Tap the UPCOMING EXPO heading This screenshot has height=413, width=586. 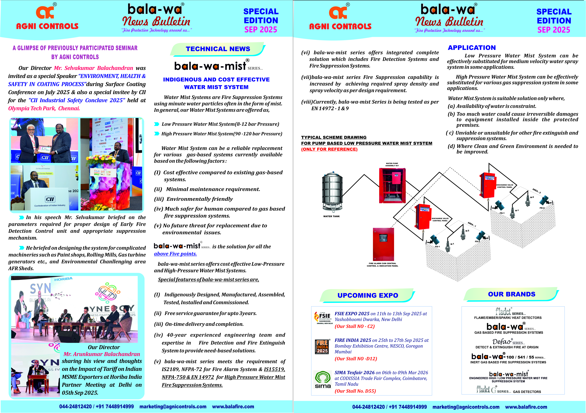pos(368,295)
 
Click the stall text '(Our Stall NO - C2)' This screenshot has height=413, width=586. pos(354,326)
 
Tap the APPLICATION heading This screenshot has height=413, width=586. pos(472,48)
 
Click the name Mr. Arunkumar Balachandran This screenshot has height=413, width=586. pos(102,354)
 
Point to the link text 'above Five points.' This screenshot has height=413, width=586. pos(175,254)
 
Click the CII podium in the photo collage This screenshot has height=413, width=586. pos(50,199)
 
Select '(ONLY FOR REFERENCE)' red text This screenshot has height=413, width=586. pos(329,149)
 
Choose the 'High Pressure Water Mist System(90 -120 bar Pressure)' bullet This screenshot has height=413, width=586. pos(222,134)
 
